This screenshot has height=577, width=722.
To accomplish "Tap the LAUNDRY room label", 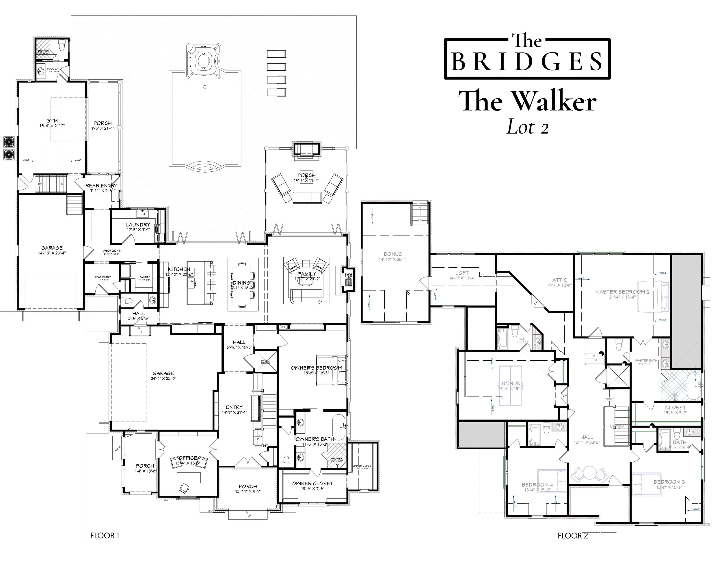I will [138, 225].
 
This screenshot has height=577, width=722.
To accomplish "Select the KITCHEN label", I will [179, 269].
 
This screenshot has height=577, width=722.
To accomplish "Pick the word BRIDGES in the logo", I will [527, 61].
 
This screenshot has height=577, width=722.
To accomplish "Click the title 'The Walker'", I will [527, 101].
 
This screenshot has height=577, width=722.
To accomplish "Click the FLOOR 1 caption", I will [105, 535].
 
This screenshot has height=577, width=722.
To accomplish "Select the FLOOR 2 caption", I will [573, 536].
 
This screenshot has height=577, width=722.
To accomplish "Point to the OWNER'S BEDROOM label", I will [316, 368].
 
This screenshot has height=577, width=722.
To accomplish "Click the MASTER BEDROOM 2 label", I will [622, 292].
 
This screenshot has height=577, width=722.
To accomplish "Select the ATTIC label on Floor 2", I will [560, 280].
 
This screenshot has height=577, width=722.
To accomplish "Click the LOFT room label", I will [462, 273].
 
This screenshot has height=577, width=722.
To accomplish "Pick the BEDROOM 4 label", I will [535, 485].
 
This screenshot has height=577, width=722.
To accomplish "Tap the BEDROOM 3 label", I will [669, 482].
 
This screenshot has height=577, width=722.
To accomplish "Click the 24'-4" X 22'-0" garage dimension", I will [163, 379].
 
